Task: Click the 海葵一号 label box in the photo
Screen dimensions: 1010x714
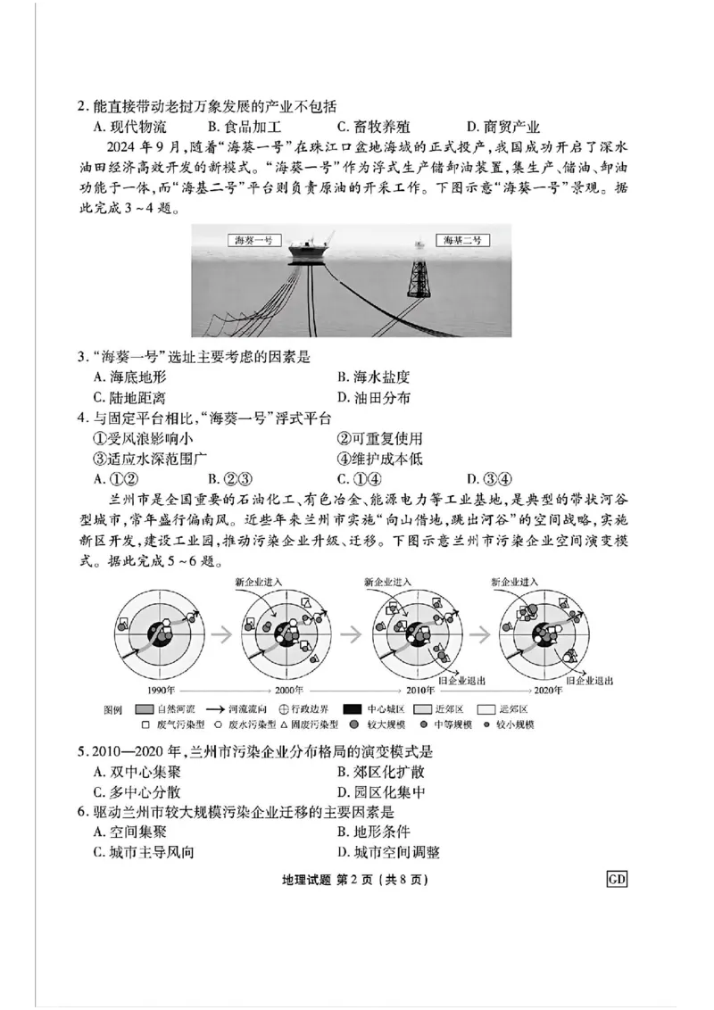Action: [x=252, y=241]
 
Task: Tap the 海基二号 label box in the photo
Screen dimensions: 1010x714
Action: [x=464, y=240]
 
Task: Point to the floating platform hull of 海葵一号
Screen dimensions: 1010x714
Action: [x=311, y=254]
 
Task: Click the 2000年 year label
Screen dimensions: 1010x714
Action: [x=287, y=690]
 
